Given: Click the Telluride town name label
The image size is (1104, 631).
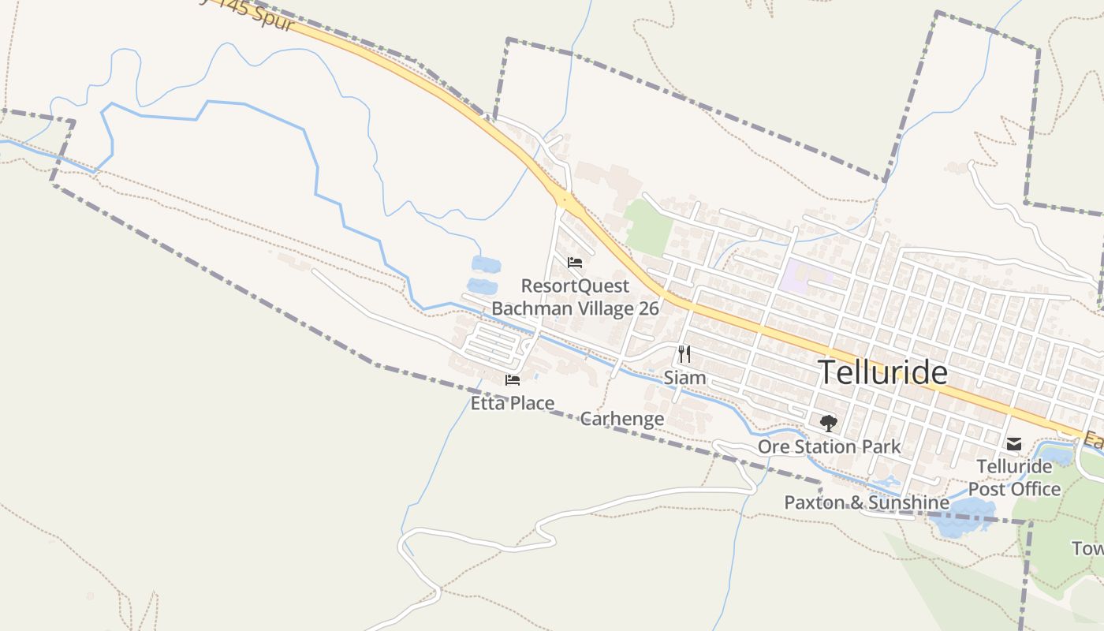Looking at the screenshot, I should click(882, 372).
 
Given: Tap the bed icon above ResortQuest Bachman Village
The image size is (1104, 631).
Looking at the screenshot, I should click(575, 263).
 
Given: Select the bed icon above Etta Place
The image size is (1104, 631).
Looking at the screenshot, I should click(513, 380).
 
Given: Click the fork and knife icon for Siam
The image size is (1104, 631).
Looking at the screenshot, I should click(684, 354).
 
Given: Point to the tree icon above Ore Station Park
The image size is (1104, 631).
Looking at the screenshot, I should click(828, 424).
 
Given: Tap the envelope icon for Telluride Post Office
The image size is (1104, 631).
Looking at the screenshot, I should click(1014, 444).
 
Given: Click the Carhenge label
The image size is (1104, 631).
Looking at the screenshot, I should click(622, 419).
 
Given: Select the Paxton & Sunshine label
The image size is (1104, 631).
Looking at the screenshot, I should click(867, 502).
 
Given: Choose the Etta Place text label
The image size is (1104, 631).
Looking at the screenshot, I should click(513, 404).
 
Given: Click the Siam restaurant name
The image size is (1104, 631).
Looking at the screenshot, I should click(684, 378).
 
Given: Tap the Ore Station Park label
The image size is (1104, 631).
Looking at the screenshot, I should click(829, 447).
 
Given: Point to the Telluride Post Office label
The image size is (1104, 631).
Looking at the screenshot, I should click(1014, 478).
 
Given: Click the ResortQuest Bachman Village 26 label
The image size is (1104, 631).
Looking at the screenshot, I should click(575, 297).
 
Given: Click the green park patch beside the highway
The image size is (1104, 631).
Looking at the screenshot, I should click(648, 227).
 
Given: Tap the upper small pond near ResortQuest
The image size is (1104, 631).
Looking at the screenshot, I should click(485, 264).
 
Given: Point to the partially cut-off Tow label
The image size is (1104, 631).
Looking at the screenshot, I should click(1087, 548).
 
